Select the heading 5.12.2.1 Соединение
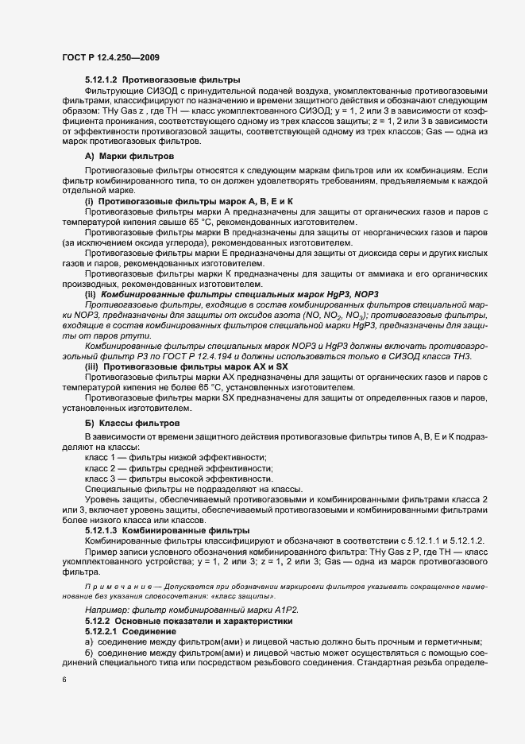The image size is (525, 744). [130, 630]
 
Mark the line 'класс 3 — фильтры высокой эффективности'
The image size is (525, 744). [180, 480]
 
